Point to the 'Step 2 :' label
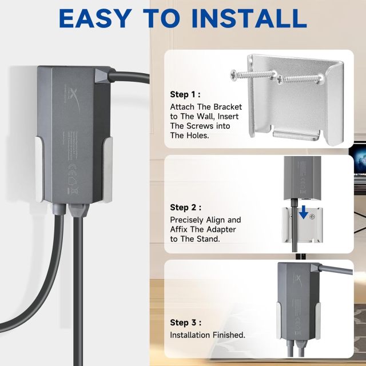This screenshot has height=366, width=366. point(186,208)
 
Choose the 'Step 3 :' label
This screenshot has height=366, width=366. point(186,322)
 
